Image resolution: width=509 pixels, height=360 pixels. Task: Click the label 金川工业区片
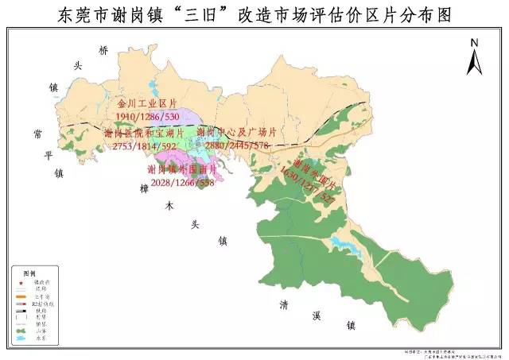pyautogui.click(x=145, y=104)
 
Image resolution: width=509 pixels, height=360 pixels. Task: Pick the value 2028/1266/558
pyautogui.click(x=181, y=182)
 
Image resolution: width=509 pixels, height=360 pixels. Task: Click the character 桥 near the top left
pyautogui.click(x=103, y=50)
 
